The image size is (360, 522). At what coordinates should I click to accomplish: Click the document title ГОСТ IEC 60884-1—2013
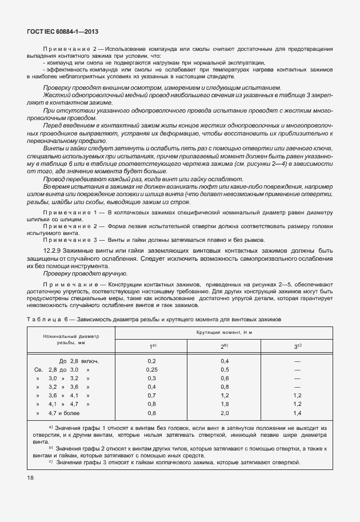coord(58,33)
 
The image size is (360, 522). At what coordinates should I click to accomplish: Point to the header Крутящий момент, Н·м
coord(225,332)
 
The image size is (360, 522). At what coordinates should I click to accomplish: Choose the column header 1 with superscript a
coord(153,346)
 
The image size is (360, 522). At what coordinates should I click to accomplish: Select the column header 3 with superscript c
coord(297,346)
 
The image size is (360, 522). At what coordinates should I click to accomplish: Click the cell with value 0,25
coord(152,370)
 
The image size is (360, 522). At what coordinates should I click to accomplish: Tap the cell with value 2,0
coord(225,412)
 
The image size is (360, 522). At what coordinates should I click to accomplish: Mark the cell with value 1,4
coord(297,412)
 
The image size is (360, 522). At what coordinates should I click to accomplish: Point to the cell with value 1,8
coord(225,404)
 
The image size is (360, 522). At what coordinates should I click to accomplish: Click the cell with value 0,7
coord(152,395)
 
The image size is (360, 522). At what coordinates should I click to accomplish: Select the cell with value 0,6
coord(225,378)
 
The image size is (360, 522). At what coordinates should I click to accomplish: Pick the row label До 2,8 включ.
coord(79,361)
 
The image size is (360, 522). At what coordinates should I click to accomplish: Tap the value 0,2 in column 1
coord(152,361)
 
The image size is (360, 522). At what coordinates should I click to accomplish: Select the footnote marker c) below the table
coord(51,462)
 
